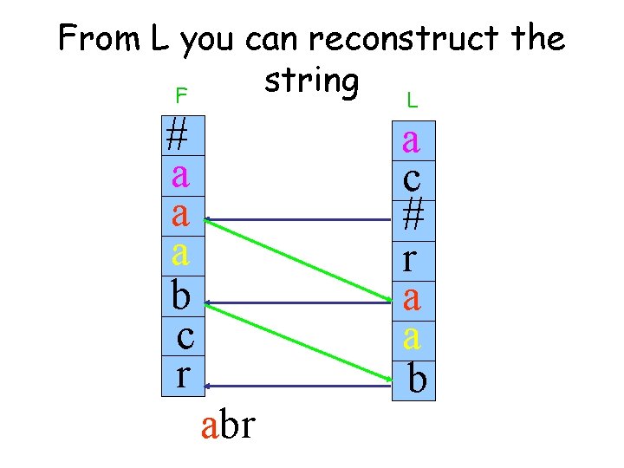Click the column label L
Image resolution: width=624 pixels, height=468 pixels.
click(x=412, y=101)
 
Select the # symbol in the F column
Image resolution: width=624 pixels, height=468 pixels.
click(x=179, y=136)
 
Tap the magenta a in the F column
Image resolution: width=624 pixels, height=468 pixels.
click(x=180, y=175)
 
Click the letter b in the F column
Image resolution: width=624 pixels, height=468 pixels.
click(x=180, y=295)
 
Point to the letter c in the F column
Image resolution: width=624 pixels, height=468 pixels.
click(x=185, y=335)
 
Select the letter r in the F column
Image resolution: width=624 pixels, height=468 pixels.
click(x=182, y=375)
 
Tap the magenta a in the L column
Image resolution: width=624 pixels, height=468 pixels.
click(x=412, y=140)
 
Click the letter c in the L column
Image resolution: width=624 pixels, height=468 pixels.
click(x=412, y=179)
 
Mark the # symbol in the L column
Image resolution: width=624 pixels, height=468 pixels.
click(x=413, y=218)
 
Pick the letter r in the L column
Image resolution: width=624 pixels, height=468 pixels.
click(x=412, y=258)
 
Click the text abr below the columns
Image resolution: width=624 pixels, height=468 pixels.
click(x=227, y=426)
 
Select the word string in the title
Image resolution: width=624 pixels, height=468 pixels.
click(x=311, y=81)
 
